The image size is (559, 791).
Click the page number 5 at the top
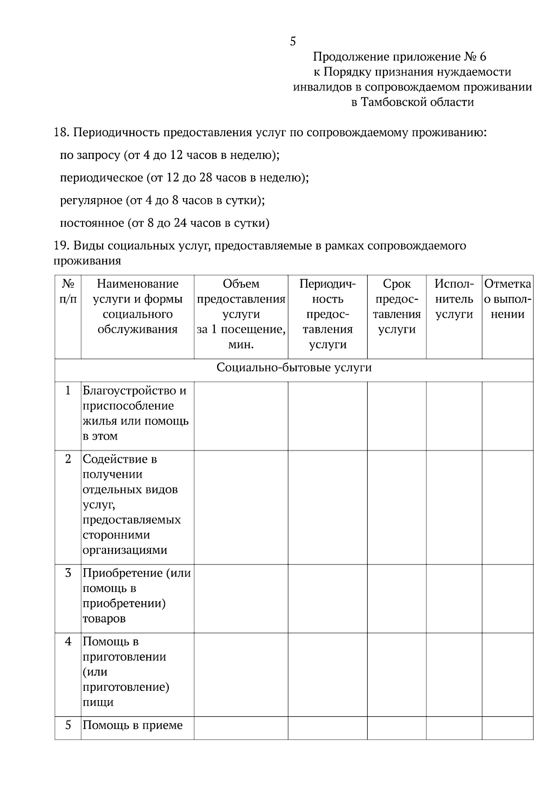(293, 41)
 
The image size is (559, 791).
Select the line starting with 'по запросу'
(170, 155)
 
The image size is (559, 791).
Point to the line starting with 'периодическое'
(184, 178)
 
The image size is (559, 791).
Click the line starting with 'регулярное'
(162, 200)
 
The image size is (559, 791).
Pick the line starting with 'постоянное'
(164, 223)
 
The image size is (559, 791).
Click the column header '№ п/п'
(68, 291)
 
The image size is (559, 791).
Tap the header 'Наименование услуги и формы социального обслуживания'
(137, 306)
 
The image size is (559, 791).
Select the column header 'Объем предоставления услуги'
(241, 314)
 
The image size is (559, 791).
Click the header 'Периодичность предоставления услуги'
(327, 314)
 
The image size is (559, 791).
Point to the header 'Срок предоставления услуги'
(397, 306)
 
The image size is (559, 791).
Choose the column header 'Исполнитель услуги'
(454, 299)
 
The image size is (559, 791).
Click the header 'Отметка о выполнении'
(508, 299)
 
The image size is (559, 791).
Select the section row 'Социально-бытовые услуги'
(294, 368)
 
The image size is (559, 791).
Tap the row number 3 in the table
(68, 573)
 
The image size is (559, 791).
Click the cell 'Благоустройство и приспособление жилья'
(135, 413)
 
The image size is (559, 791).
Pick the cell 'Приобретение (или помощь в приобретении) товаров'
(136, 596)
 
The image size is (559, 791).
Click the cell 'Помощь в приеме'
(133, 725)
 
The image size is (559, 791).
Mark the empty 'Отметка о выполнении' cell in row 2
(508, 507)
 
